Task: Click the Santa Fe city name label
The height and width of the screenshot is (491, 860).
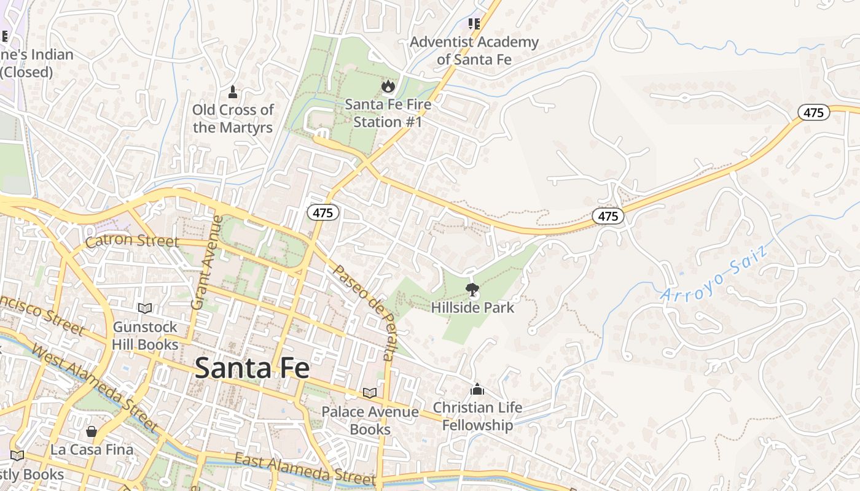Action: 252,368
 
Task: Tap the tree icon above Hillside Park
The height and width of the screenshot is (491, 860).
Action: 472,289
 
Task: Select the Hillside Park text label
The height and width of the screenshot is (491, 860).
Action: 472,307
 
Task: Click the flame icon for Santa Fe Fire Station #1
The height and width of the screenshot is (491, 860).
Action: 388,87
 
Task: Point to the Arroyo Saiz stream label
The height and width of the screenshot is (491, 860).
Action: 715,273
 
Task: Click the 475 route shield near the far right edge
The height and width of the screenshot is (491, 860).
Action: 814,112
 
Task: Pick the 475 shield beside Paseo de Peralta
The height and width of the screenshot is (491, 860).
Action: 323,212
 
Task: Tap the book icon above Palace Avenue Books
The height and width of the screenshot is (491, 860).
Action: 369,393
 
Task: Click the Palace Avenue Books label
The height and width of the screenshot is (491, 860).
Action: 370,420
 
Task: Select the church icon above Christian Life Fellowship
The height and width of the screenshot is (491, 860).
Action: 477,389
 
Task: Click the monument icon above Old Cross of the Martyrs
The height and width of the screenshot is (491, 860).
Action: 232,92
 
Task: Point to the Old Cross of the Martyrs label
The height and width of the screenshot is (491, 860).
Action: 233,118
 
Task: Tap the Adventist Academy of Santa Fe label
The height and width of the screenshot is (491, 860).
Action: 474,51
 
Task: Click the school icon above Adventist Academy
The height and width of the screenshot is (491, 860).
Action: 473,24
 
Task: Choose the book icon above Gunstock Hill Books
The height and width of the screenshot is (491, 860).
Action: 145,309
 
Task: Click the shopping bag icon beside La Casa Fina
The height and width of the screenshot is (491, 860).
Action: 92,431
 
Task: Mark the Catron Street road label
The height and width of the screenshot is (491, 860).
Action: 132,241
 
